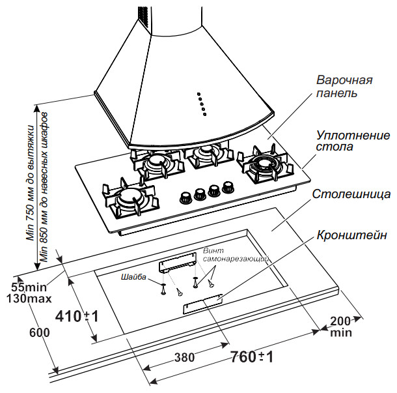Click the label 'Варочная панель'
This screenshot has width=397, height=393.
[344, 87]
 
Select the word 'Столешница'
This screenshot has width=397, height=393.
[351, 195]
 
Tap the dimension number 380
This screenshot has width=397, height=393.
[185, 358]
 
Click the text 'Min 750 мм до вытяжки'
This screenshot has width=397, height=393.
[29, 176]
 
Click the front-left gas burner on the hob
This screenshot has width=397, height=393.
[130, 198]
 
